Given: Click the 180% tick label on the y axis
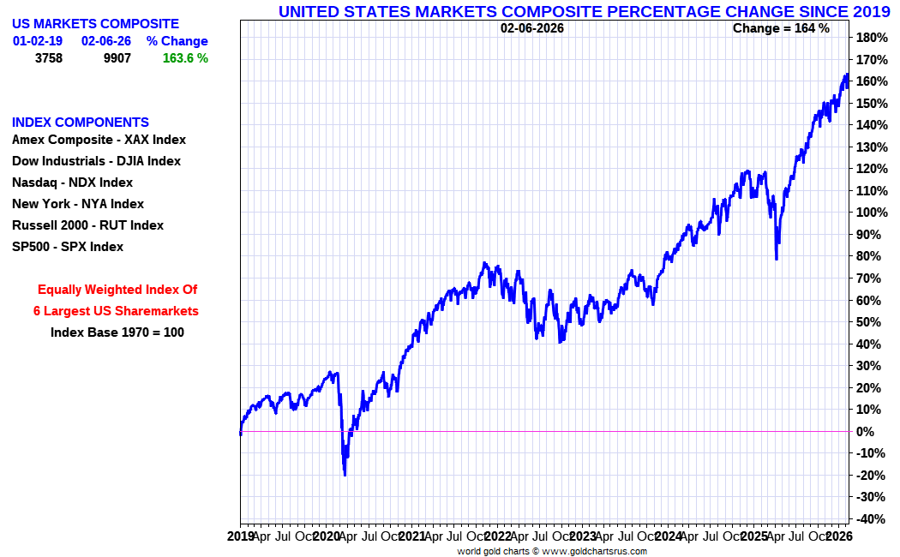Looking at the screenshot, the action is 872,38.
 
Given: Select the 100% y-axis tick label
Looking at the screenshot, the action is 872,213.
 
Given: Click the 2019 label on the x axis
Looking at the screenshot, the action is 241,536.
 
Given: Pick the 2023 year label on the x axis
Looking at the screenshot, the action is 583,536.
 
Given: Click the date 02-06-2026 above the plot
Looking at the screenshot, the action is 532,28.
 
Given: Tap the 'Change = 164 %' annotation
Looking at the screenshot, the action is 781,28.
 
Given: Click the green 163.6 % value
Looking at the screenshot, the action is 185,58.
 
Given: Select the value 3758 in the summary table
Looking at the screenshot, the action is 49,58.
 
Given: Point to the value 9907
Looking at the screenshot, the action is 117,58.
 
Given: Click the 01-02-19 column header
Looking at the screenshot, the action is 38,41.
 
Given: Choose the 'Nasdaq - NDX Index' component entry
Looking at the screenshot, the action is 72,183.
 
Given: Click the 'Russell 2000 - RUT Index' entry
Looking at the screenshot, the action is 87,225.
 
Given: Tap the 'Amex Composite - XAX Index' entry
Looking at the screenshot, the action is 99,140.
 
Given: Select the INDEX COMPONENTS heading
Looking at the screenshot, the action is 81,123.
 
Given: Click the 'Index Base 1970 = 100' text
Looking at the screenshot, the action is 117,332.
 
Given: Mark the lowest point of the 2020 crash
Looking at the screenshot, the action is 345,475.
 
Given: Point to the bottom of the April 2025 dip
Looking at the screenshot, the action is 777,260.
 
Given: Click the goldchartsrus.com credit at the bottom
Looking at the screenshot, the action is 552,551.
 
